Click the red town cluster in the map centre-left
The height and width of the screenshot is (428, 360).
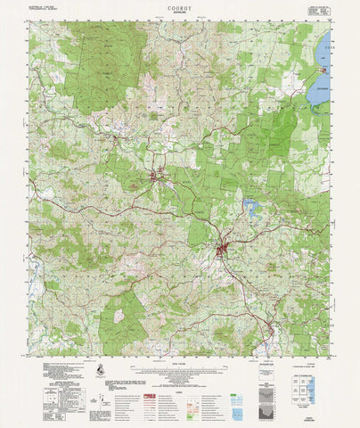(160, 177)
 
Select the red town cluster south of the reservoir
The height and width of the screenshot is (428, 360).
(224, 249)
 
